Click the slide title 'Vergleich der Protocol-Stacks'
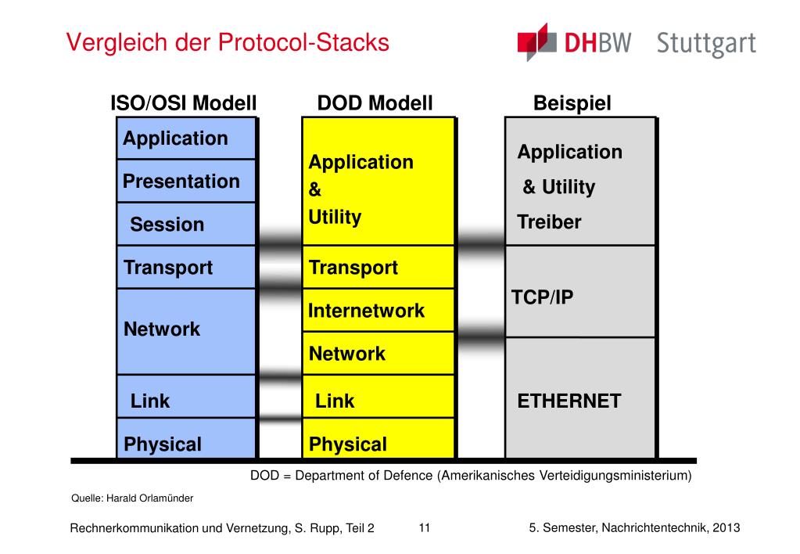click(228, 42)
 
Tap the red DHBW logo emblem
click(536, 42)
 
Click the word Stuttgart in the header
click(706, 44)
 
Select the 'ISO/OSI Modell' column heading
click(184, 103)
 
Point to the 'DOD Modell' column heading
click(375, 103)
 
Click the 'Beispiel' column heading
click(572, 103)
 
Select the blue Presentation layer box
click(186, 182)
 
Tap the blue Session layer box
click(186, 224)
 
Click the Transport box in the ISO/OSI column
click(186, 268)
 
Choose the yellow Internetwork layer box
click(378, 311)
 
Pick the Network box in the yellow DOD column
click(378, 354)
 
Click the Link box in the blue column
click(186, 397)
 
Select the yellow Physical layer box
click(378, 439)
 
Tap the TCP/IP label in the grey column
click(543, 297)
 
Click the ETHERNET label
click(569, 401)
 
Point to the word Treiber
click(549, 222)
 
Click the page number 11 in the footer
click(425, 528)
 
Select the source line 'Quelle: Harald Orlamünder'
click(132, 498)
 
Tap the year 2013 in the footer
click(726, 528)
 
